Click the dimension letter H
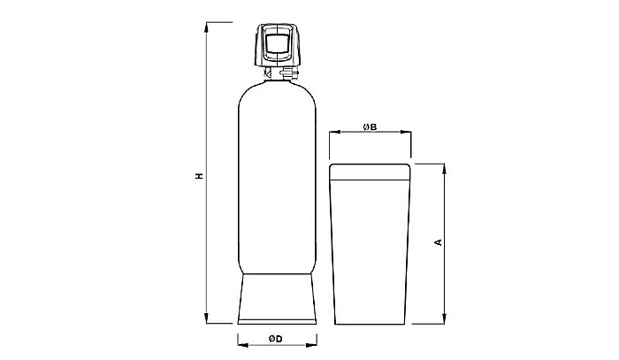[201, 175]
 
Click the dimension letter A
[438, 242]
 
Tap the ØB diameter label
[370, 127]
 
